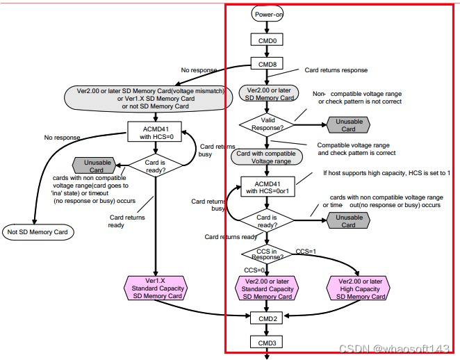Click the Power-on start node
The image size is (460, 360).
pos(268,14)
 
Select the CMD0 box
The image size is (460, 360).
pos(267,40)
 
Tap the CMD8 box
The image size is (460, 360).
pos(267,64)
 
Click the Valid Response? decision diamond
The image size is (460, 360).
pos(267,124)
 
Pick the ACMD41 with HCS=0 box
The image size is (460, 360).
pos(154,132)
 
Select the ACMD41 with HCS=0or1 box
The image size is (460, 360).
pos(268,186)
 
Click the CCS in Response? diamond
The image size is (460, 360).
pos(267,254)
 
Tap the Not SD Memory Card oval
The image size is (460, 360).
pos(38,232)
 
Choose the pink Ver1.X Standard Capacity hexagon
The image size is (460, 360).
pos(156,288)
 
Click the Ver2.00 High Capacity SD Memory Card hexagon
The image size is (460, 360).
pos(359,288)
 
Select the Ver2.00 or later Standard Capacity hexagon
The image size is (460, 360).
pos(267,288)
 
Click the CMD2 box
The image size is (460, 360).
pos(266,318)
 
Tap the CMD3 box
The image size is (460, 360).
pos(266,342)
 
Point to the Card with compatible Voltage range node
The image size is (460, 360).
pos(267,157)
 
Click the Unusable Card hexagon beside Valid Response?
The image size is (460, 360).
pos(348,125)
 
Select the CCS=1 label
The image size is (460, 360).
pos(306,252)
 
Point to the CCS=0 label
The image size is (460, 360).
pos(254,270)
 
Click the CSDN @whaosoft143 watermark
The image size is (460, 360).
pos(394,348)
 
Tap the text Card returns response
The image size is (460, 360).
pos(336,70)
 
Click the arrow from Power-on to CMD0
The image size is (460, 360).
pos(267,27)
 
